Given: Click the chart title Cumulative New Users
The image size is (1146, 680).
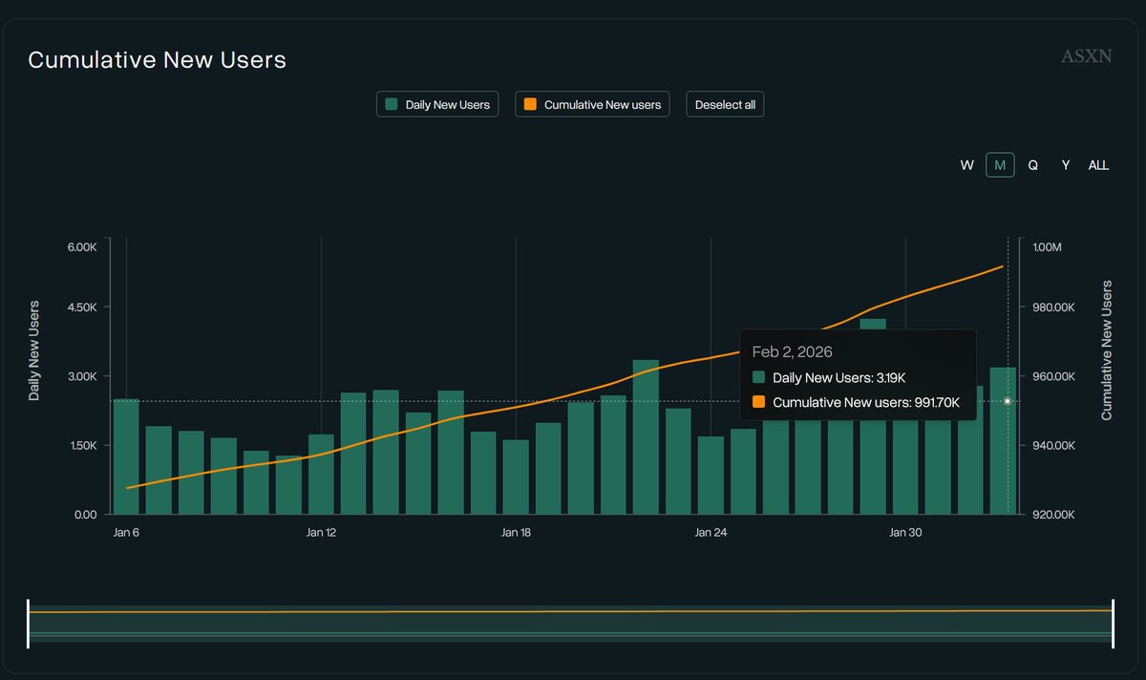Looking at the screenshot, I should point(157,60).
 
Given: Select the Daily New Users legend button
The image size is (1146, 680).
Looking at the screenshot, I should point(437,104).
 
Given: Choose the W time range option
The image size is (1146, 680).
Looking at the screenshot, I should point(966,165).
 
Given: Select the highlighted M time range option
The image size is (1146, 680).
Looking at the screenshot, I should point(1000,165).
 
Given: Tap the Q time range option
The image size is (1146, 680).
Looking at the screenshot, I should point(1032,165).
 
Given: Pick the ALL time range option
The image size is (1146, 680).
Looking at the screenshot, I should point(1098,165).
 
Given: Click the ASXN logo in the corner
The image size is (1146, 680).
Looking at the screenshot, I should point(1086,56).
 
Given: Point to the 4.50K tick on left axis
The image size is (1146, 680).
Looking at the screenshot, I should point(81,308).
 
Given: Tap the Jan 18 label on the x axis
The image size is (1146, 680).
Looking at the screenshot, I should point(516,533).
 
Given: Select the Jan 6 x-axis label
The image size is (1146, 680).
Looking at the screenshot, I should point(126,533).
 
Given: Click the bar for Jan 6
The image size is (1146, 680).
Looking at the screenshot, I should point(126,457).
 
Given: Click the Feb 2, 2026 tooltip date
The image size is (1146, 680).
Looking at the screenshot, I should point(792,351).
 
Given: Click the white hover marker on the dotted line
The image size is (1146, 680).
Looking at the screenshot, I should point(1008,401).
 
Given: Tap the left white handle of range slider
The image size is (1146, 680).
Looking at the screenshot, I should point(29,624).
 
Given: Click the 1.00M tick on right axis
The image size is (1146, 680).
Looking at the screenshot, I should point(1055,247).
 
